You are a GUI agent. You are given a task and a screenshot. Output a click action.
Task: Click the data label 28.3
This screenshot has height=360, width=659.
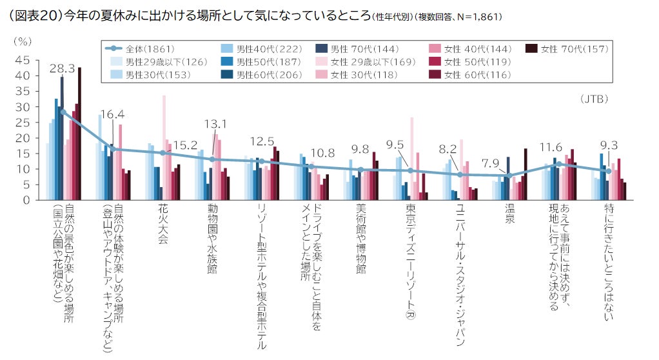tap(63, 68)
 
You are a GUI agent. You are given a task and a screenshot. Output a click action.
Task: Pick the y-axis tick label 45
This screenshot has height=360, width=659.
tap(22, 60)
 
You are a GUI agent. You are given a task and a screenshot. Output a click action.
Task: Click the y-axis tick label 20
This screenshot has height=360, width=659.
tap(22, 138)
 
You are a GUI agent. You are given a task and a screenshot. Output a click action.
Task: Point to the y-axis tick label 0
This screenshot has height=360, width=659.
tap(26, 200)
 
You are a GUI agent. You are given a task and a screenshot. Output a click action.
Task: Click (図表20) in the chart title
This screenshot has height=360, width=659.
tap(37, 14)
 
